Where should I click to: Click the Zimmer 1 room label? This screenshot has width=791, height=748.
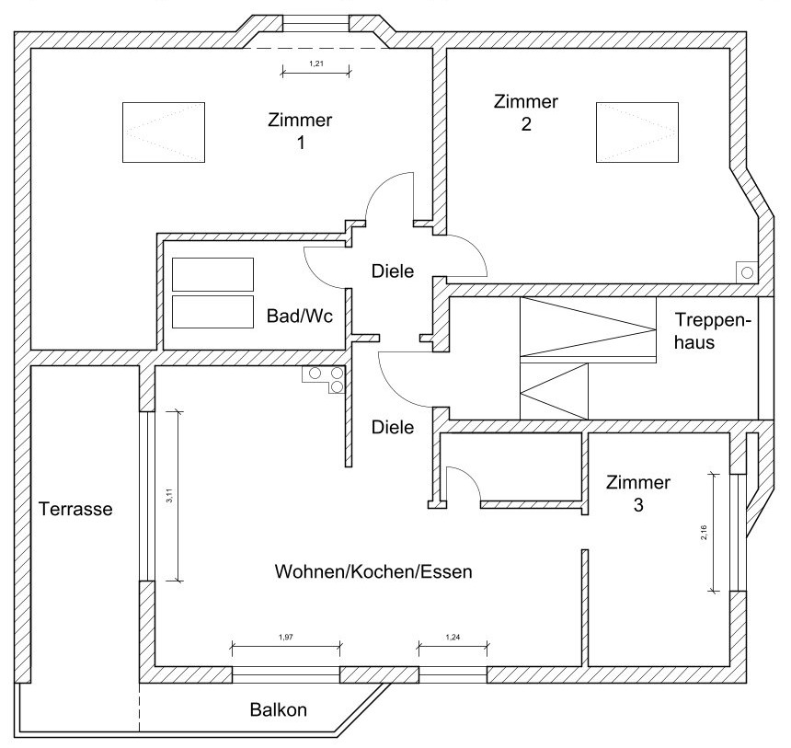[x=300, y=132]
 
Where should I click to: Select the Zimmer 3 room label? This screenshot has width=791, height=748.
[x=638, y=493]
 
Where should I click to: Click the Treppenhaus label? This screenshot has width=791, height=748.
[x=713, y=330]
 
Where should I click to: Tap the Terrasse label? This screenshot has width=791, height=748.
[x=75, y=508]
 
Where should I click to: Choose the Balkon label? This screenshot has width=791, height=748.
[x=278, y=710]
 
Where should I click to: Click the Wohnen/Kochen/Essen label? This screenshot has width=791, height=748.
[x=373, y=571]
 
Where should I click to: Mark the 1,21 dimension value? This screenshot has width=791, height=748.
[x=315, y=63]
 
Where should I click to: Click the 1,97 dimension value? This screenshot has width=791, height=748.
[x=285, y=637]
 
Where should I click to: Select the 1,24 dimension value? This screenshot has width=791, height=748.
[x=453, y=637]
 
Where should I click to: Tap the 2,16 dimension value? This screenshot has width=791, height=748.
[x=704, y=533]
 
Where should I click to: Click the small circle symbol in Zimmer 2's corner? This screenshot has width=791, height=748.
[x=746, y=272]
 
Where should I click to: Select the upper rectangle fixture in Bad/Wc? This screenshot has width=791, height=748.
[x=212, y=273]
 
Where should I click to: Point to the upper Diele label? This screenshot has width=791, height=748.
[x=393, y=271]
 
